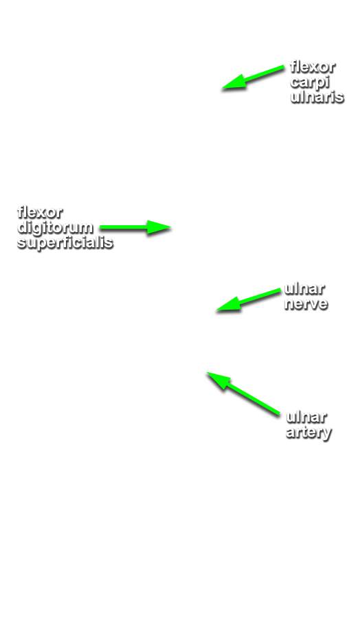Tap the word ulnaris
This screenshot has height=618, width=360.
(x=317, y=96)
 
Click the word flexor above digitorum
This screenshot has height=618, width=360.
(x=40, y=212)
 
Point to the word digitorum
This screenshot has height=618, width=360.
(x=55, y=227)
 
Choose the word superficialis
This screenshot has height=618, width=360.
(x=65, y=242)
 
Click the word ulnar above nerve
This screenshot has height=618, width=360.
(x=304, y=288)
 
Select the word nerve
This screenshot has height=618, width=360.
(x=306, y=304)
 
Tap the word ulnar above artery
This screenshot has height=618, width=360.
(x=306, y=417)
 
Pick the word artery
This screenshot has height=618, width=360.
(x=308, y=433)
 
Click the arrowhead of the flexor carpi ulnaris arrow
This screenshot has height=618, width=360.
(x=223, y=89)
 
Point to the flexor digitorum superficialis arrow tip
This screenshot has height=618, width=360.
(x=171, y=227)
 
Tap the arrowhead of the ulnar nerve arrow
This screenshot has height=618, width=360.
(x=217, y=310)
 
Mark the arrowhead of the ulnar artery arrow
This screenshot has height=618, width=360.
(x=207, y=372)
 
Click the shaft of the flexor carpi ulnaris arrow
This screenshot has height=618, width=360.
(x=253, y=78)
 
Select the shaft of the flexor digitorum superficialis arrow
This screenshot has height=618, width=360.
(x=135, y=227)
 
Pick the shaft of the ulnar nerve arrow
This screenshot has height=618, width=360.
(x=249, y=300)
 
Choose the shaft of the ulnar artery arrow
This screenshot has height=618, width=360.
(x=243, y=393)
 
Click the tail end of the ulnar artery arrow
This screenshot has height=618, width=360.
(x=278, y=414)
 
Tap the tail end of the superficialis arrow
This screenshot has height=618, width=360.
(x=100, y=227)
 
